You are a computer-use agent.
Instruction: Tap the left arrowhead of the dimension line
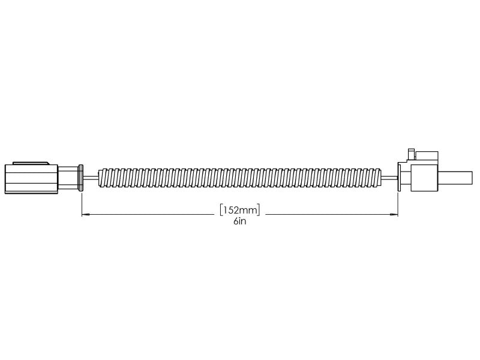pos(85,213)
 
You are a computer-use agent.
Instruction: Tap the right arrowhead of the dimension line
pos(394,213)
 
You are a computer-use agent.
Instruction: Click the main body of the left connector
pos(30,179)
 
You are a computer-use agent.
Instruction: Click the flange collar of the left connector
pos(80,178)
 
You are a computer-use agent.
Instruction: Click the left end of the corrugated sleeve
pos(103,178)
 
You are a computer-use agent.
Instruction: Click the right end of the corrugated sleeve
pos(378,178)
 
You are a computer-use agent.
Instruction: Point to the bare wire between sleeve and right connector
pos(388,178)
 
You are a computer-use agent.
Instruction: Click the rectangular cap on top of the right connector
pos(427,156)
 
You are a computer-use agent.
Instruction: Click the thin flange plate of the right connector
pos(398,176)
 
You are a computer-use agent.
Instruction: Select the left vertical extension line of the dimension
pos(81,201)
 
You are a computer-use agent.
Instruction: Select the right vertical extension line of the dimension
pos(398,201)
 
